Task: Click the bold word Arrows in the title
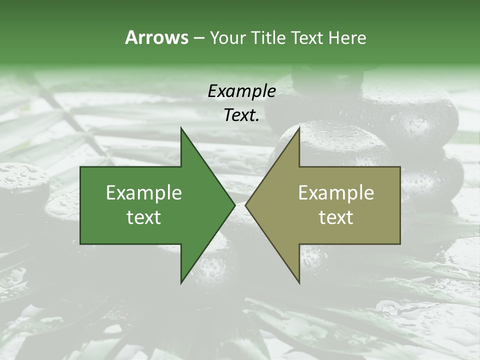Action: (x=156, y=37)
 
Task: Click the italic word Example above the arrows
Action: (x=241, y=91)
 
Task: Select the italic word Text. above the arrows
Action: (x=241, y=115)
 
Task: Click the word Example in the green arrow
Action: (x=144, y=193)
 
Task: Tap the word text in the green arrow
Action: (x=144, y=217)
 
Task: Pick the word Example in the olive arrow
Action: (x=336, y=193)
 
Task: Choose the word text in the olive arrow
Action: (x=336, y=217)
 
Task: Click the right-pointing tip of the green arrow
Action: (x=235, y=205)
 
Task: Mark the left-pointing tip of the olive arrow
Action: (x=245, y=205)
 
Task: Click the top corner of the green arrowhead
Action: (x=181, y=127)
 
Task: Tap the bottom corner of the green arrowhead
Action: (x=181, y=283)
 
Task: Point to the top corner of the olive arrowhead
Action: (x=299, y=127)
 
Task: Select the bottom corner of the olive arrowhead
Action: (x=299, y=283)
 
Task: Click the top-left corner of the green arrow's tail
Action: (x=80, y=167)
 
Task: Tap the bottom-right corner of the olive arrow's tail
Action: (x=400, y=244)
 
